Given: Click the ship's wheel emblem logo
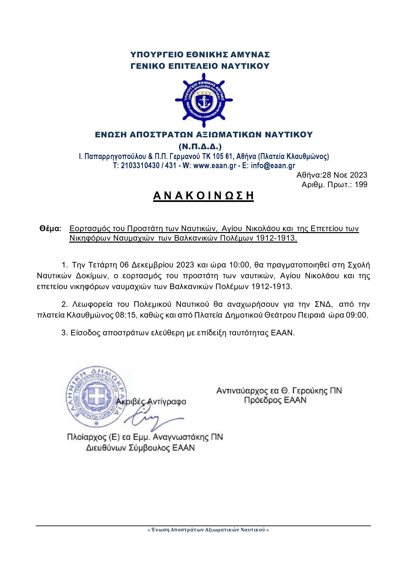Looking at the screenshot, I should pos(204,100).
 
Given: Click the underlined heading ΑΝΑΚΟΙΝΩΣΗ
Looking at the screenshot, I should pos(203,196).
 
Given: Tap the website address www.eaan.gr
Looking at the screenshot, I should pos(214,166).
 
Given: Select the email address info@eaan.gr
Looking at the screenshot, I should pos(273,166).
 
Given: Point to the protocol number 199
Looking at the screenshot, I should pos(361,185).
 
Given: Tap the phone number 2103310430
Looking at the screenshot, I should pos(140,166).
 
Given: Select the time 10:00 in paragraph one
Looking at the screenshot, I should pos(239,265).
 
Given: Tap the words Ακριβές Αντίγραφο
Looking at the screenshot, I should pos(151,402).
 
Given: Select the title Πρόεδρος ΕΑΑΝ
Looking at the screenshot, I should pos(275,400).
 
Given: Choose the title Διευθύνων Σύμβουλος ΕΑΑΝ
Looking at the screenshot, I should pos(140,448).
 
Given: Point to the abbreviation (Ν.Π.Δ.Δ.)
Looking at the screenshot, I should pos(200,146).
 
